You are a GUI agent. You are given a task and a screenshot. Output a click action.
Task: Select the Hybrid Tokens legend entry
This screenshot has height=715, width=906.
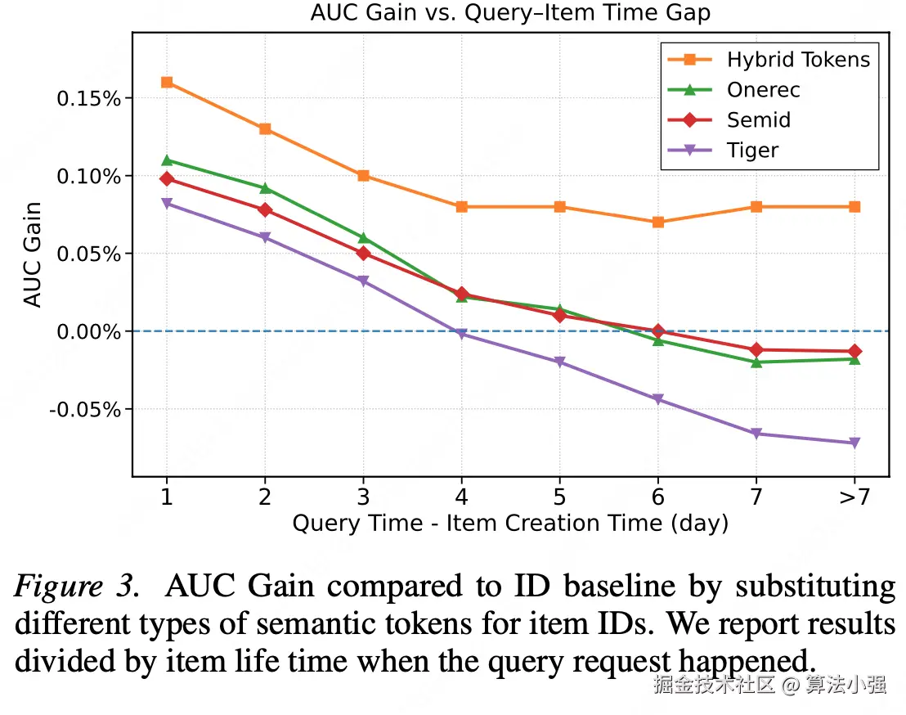click(797, 59)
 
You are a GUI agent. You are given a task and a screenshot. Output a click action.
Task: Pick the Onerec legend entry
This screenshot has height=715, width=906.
click(763, 89)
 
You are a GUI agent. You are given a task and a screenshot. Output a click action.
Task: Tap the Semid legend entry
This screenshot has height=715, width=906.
click(758, 119)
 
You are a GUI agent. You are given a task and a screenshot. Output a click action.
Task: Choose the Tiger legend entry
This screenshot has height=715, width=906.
click(752, 150)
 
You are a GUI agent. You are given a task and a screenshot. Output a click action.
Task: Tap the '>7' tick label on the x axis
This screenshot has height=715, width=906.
click(854, 497)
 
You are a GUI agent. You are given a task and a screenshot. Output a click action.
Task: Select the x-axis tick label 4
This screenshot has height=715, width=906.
click(461, 497)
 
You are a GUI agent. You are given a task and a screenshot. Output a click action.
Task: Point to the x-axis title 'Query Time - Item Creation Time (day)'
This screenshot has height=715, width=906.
click(509, 524)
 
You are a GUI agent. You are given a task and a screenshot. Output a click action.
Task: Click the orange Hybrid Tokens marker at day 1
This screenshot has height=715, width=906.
click(167, 82)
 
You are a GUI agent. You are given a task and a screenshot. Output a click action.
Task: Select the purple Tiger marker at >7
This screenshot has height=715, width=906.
click(854, 443)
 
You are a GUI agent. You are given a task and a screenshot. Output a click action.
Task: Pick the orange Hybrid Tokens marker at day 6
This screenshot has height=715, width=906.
click(658, 222)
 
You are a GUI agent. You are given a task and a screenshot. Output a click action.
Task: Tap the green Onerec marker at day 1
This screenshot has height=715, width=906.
click(167, 160)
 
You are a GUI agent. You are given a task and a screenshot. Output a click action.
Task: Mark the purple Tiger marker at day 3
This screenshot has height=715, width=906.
click(363, 281)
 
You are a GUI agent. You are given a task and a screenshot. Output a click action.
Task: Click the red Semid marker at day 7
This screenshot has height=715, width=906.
click(756, 349)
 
